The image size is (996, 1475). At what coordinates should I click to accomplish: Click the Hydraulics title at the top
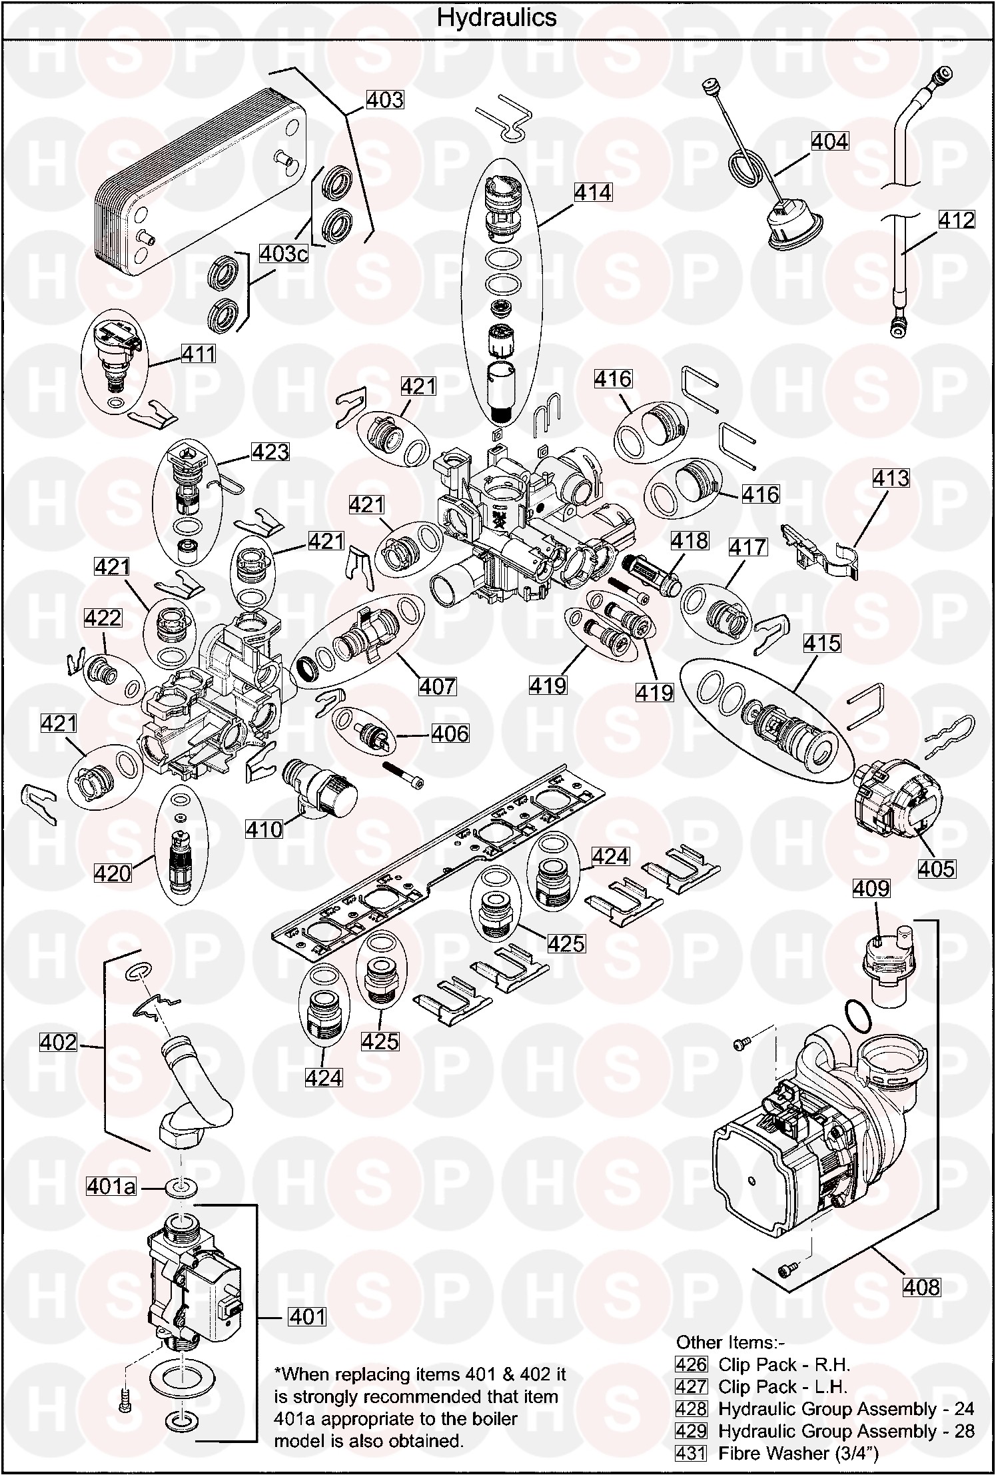coord(496,17)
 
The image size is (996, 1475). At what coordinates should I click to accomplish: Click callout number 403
coord(385,99)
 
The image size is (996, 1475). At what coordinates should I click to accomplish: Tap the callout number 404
coord(829,141)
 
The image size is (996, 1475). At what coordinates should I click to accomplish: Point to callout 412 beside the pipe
coord(956,220)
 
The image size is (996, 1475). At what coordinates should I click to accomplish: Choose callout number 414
coord(592,193)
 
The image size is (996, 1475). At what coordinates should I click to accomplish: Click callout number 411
coord(199,353)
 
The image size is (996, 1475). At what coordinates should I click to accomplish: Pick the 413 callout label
coord(891,478)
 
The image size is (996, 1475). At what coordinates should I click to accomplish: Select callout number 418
coord(690,540)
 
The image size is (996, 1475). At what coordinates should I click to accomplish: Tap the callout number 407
coord(438,686)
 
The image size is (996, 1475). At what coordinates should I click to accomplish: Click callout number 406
coord(450,734)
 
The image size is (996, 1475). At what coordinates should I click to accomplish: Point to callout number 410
coord(264,829)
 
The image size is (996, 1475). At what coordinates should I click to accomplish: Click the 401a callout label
coord(111,1186)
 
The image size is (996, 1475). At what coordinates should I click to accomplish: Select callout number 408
coord(921,1286)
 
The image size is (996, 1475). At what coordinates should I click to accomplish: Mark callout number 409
coord(871,888)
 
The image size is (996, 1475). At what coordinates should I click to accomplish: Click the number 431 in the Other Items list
coord(690,1453)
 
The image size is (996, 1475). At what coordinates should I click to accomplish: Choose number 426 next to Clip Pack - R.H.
coord(690,1365)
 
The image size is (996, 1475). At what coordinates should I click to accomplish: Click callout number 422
coord(103,618)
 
